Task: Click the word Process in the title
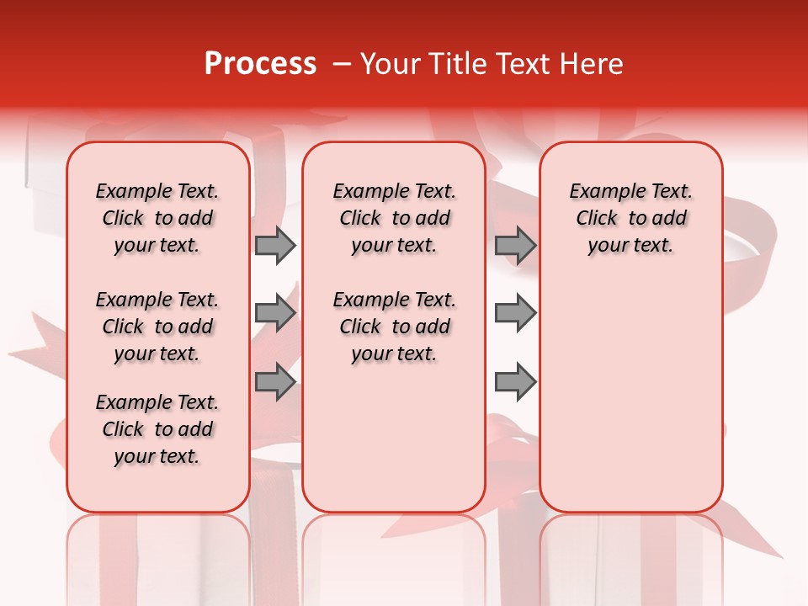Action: (260, 64)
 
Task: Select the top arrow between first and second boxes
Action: (275, 245)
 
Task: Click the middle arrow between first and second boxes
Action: (275, 314)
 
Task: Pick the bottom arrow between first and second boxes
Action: (275, 383)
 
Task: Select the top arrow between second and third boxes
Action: (515, 245)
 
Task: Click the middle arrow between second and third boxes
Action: (515, 314)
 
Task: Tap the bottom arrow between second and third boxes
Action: (515, 383)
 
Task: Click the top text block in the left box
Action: (157, 218)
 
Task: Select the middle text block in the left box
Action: (157, 327)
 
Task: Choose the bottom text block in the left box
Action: (157, 429)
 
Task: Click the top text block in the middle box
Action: (394, 218)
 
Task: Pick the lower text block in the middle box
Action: (394, 327)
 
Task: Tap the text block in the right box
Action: (630, 218)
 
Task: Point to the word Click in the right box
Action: (597, 219)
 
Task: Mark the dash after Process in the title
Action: (341, 64)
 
